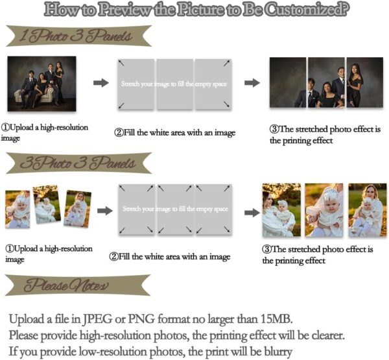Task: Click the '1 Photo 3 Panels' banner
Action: point(79,36)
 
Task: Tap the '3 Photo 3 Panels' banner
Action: point(79,163)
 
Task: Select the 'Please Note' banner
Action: point(78,285)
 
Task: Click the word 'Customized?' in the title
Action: point(307,10)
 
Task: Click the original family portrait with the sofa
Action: point(41,84)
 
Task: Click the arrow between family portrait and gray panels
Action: point(101,82)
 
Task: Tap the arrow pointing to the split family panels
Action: point(252,82)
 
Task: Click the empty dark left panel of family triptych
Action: point(288,82)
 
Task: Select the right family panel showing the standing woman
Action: point(364,82)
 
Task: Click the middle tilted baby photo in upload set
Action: point(47,204)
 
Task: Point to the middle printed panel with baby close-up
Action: point(324,210)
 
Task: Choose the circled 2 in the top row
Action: point(119,132)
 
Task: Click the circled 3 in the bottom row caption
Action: point(266,249)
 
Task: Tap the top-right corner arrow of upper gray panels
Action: point(226,64)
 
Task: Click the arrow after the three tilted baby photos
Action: point(105,211)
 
